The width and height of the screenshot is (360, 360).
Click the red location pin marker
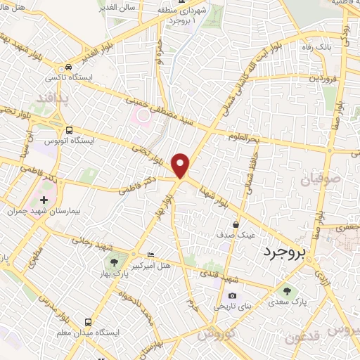tap(181, 165)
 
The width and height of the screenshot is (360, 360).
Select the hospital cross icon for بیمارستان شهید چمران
tap(44, 200)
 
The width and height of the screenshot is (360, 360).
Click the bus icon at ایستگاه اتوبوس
tap(69, 130)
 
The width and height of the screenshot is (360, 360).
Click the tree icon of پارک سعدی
tap(286, 290)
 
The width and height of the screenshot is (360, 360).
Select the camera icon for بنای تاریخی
tap(232, 296)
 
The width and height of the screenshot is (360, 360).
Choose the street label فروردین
tap(325, 77)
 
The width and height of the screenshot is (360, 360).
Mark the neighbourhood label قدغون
tap(304, 337)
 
